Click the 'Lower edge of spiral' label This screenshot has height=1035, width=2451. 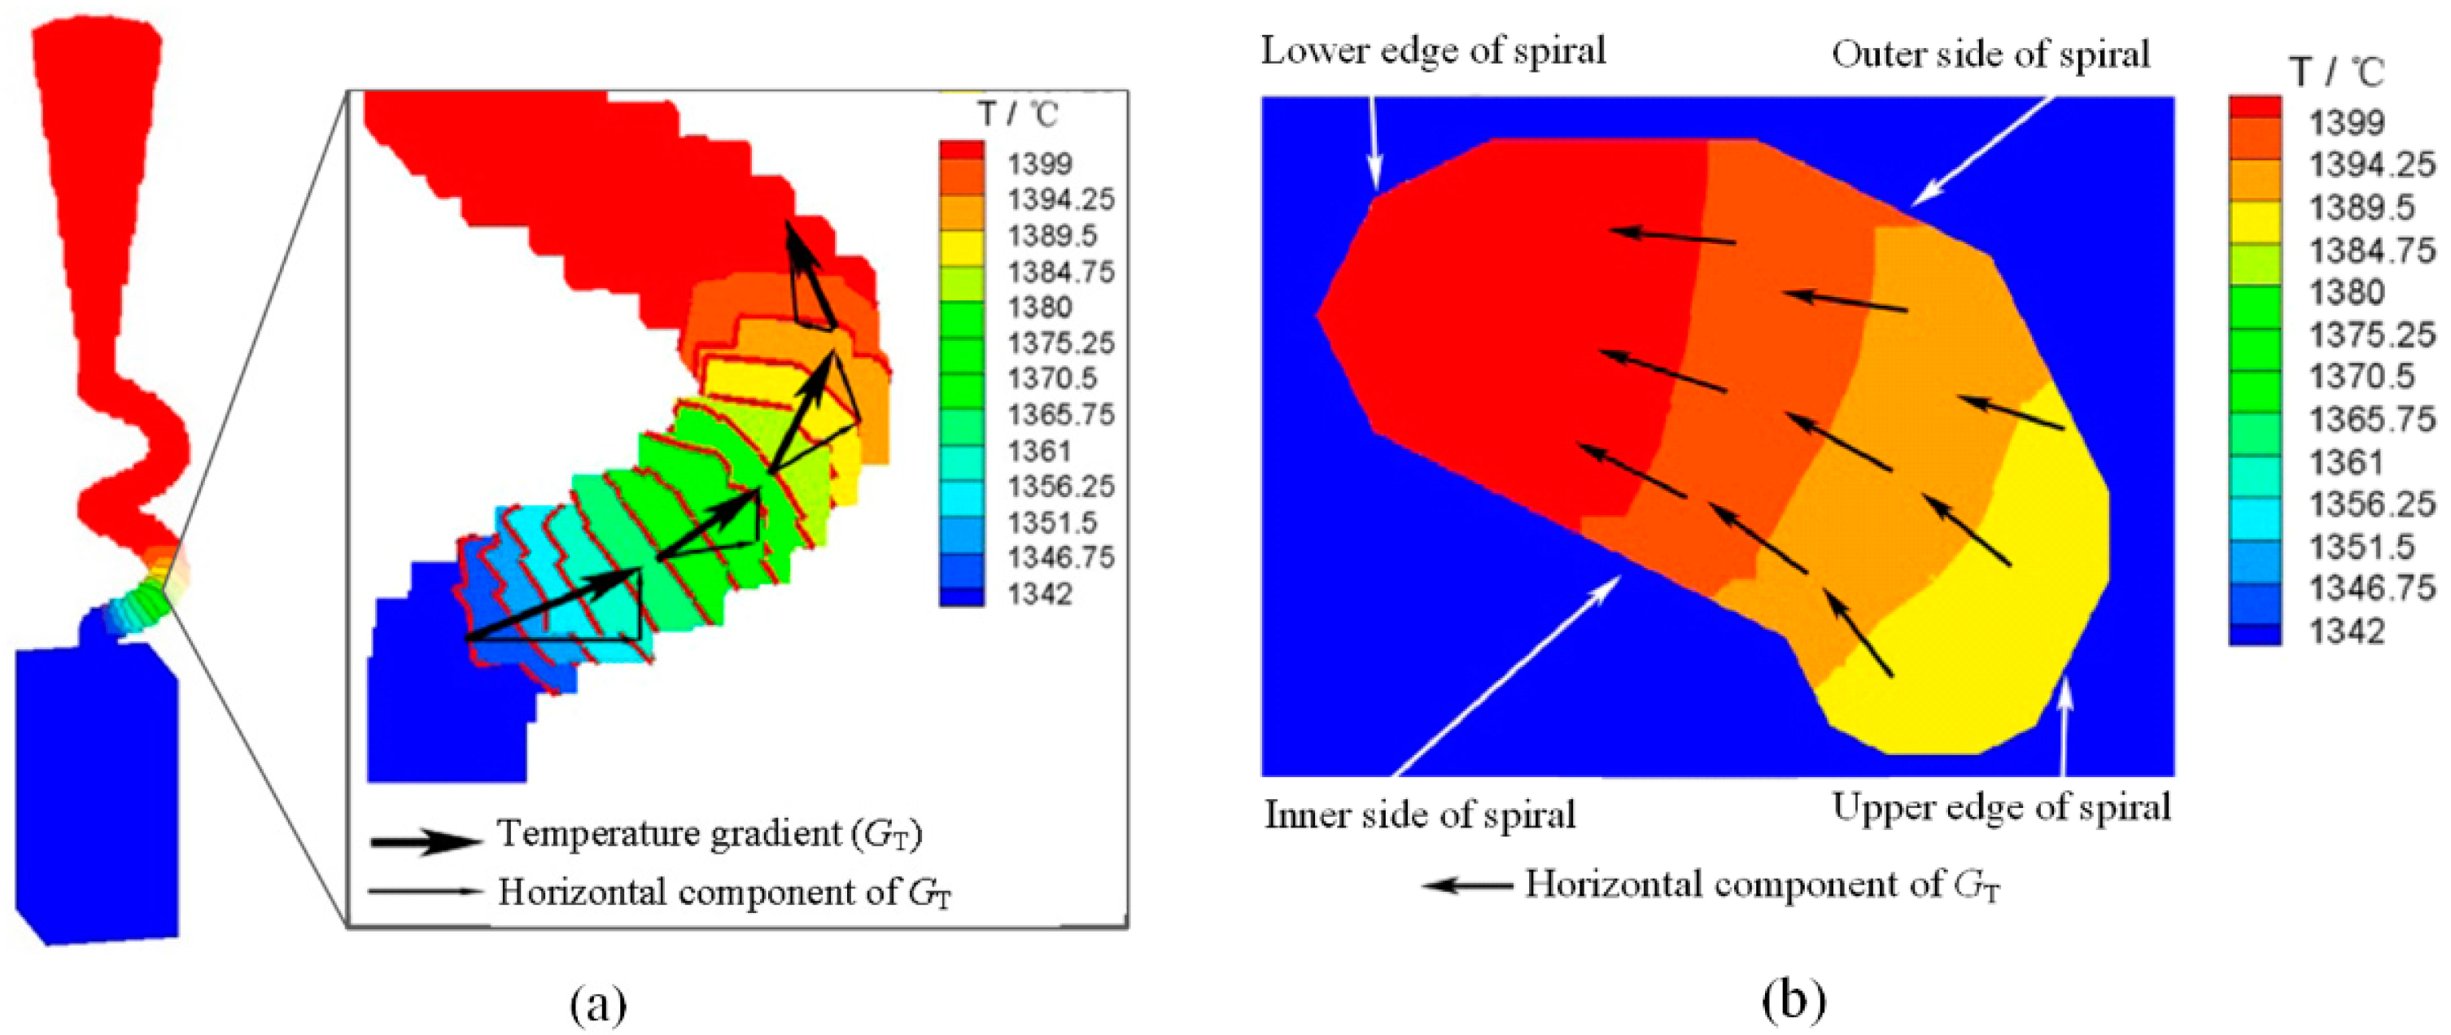click(1433, 50)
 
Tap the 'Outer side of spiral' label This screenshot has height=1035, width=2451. click(1990, 55)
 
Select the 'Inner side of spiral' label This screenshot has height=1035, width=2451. click(1420, 814)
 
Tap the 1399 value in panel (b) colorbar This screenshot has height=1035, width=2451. click(2346, 122)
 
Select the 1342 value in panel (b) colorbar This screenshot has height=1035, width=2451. click(2346, 631)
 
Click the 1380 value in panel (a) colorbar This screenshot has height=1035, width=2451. click(1040, 308)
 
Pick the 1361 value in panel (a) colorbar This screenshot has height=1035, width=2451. click(1040, 451)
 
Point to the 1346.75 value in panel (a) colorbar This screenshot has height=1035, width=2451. click(1060, 557)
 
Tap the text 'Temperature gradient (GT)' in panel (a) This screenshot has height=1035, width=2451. click(710, 833)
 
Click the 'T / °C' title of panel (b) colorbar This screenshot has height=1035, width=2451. click(2337, 72)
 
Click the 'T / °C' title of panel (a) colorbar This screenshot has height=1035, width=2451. click(1019, 115)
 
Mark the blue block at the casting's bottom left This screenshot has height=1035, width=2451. click(95, 794)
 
